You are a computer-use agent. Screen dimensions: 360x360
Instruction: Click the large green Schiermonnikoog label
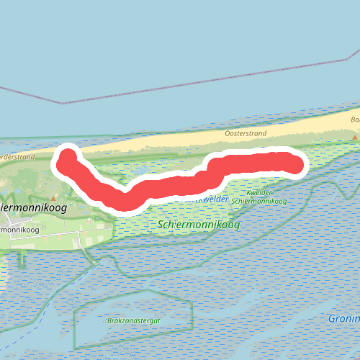click(x=198, y=225)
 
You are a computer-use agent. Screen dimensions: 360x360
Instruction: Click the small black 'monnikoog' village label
click(x=19, y=229)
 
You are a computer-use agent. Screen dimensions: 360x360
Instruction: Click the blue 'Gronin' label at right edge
click(x=344, y=318)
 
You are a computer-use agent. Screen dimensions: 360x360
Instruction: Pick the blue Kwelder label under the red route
click(x=212, y=199)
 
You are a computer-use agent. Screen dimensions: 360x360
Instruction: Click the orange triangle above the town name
click(x=53, y=197)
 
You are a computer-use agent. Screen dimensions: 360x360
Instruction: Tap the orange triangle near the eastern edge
click(x=354, y=136)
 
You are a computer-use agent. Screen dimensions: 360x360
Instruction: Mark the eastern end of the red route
click(x=295, y=165)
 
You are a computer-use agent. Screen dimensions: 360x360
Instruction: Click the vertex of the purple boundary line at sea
click(x=63, y=103)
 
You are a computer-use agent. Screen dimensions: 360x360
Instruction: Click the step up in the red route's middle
click(x=211, y=168)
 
